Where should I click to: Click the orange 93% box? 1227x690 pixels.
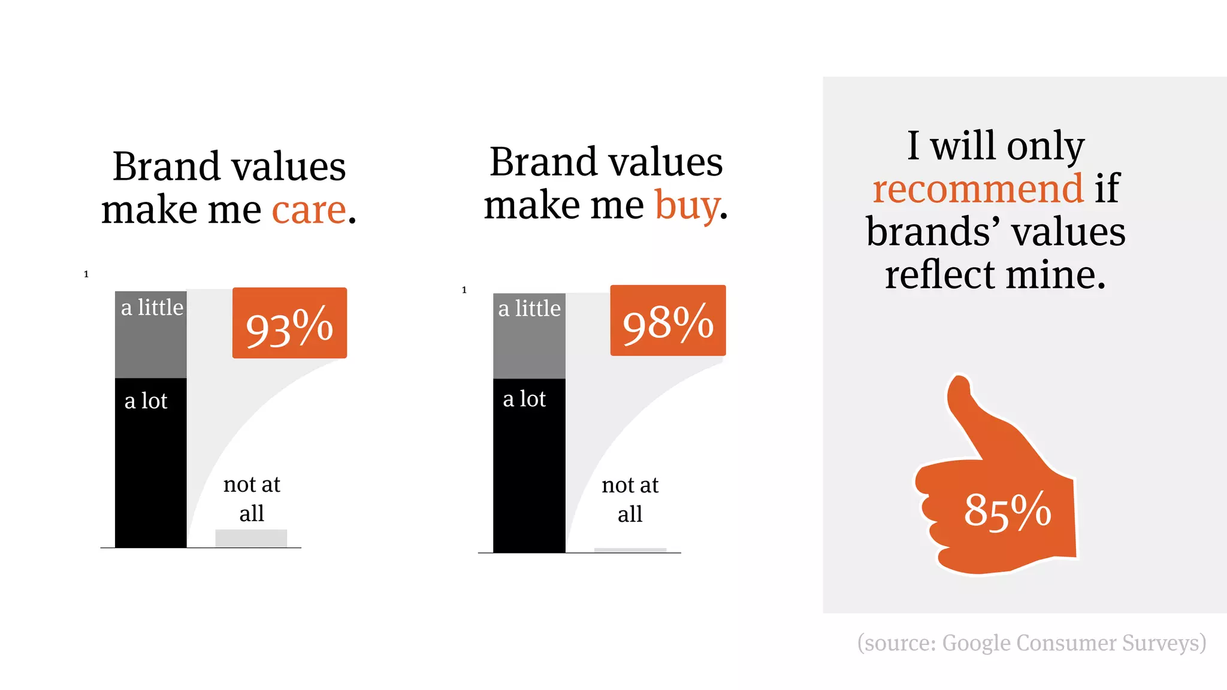289,323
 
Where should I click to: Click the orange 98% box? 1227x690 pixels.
667,321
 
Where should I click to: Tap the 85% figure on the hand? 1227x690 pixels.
1007,511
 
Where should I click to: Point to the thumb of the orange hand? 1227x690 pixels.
965,407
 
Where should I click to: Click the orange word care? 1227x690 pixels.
309,210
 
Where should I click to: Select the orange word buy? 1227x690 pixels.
687,206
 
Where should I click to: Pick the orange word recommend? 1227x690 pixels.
978,189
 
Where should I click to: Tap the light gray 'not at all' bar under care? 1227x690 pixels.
251,538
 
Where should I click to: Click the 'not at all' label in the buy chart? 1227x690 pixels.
630,499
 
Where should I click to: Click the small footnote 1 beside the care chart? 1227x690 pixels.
86,274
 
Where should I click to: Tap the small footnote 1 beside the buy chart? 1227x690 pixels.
464,290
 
